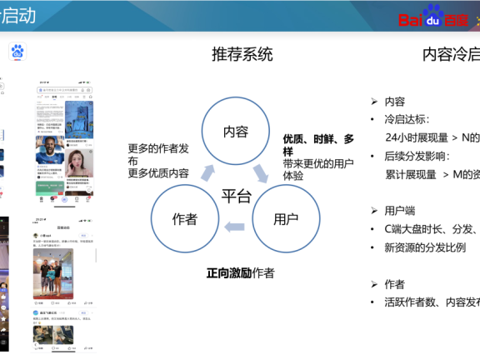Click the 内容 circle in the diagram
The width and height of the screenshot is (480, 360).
pos(236,132)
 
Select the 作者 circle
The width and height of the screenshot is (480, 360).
pos(184,219)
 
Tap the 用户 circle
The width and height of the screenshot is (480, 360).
pos(286,219)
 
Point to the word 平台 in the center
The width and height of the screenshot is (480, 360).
pos(236,197)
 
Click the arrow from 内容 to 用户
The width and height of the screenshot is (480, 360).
pos(262,172)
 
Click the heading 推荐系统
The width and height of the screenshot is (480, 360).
pos(242,55)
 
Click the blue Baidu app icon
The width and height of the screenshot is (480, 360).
pos(18,52)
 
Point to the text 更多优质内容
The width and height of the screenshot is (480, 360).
pos(158,173)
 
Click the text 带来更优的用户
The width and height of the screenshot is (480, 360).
pos(318,164)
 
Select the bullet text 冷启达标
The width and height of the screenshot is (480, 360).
pos(417,119)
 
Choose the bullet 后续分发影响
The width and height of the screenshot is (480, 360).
pos(417,156)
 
